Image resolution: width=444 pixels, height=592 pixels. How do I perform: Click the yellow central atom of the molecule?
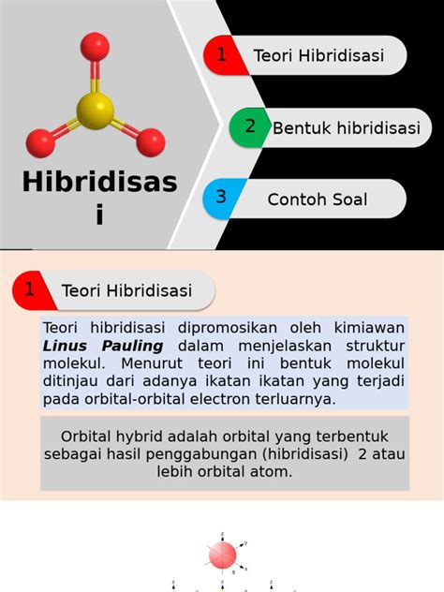pyautogui.click(x=95, y=110)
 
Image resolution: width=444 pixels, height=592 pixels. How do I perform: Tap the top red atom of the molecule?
pyautogui.click(x=95, y=47)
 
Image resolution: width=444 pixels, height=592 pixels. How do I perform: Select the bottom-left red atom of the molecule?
pyautogui.click(x=41, y=142)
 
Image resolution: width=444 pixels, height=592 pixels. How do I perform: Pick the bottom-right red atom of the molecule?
pyautogui.click(x=150, y=142)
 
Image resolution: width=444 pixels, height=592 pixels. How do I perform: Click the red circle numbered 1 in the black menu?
pyautogui.click(x=222, y=55)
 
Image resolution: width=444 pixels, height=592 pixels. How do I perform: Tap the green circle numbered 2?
pyautogui.click(x=249, y=127)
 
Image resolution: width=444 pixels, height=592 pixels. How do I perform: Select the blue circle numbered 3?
pyautogui.click(x=221, y=198)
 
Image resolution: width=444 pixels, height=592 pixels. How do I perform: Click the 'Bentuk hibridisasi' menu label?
pyautogui.click(x=346, y=128)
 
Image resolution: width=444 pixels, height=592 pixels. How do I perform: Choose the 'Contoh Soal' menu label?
pyautogui.click(x=318, y=200)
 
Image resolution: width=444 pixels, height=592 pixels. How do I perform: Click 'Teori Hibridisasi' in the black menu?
pyautogui.click(x=318, y=56)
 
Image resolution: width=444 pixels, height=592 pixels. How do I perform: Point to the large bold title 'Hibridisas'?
pyautogui.click(x=99, y=182)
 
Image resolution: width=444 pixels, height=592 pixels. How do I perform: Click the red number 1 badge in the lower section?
pyautogui.click(x=31, y=289)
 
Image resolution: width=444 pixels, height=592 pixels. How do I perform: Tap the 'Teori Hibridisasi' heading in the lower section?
pyautogui.click(x=126, y=290)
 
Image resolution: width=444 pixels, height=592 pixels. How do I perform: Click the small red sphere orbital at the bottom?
pyautogui.click(x=222, y=555)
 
